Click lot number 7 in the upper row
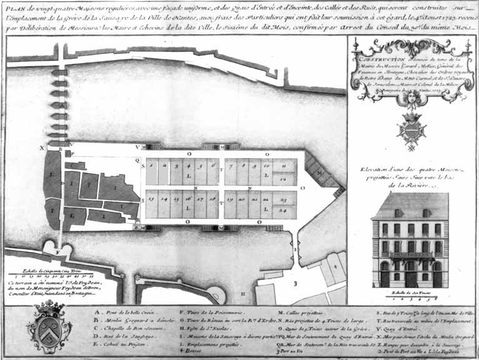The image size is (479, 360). pyautogui.click(x=230, y=166)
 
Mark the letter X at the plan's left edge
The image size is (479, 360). pyautogui.click(x=43, y=149)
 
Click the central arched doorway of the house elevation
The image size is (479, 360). pyautogui.click(x=410, y=274)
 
